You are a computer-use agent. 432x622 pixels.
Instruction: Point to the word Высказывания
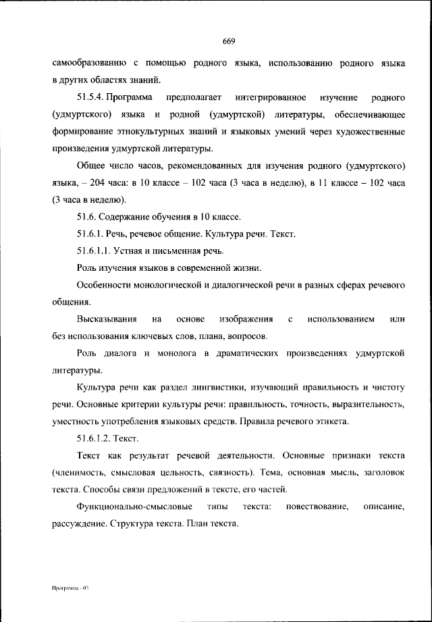107,318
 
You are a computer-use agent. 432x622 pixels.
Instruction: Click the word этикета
331,422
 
